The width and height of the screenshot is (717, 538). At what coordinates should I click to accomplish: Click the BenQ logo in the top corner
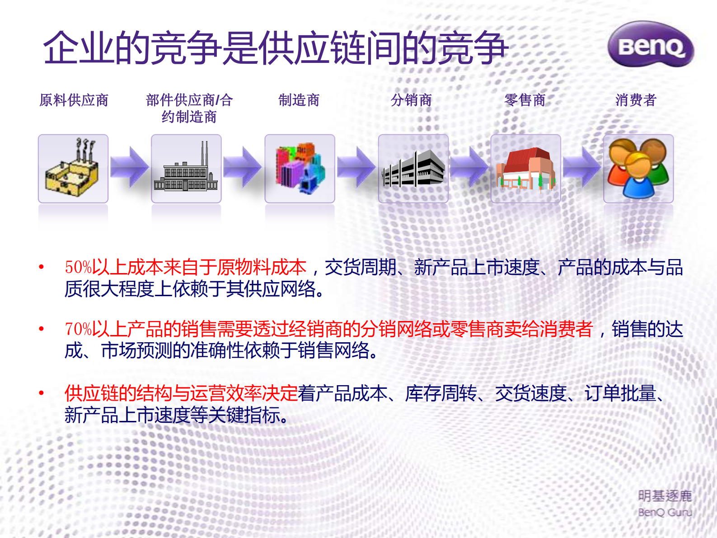click(x=651, y=45)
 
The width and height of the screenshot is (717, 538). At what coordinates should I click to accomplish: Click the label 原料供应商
click(x=74, y=100)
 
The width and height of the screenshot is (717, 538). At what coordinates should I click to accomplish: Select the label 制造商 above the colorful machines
click(x=299, y=100)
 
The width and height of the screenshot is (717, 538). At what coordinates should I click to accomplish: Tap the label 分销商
click(x=411, y=100)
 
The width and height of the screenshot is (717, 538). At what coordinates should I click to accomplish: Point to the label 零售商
click(x=525, y=100)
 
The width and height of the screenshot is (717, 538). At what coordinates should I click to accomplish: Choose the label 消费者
click(x=636, y=100)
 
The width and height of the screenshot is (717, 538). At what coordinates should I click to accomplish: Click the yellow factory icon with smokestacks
click(x=73, y=168)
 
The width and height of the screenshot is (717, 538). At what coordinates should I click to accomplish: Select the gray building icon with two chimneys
click(x=186, y=168)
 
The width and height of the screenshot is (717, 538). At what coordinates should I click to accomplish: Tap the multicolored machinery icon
click(x=300, y=168)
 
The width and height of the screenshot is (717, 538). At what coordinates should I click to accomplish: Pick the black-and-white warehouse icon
click(x=413, y=168)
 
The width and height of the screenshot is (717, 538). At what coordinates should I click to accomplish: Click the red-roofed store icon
click(x=525, y=168)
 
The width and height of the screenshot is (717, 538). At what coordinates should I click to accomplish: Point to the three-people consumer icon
click(x=638, y=168)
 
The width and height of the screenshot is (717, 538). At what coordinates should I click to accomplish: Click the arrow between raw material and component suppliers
click(x=129, y=167)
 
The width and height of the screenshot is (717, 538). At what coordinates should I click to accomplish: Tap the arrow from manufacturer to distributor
click(x=356, y=167)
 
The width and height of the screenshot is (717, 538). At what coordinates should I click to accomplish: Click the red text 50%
click(x=78, y=267)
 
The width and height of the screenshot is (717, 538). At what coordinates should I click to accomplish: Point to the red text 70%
click(x=78, y=329)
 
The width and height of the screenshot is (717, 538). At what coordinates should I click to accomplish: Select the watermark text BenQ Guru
click(x=665, y=512)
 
